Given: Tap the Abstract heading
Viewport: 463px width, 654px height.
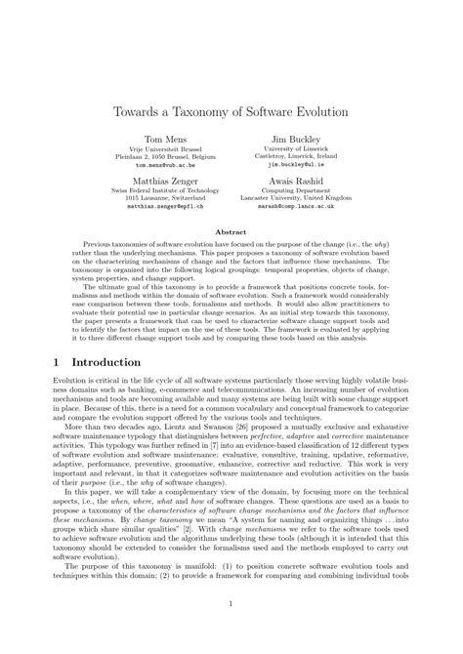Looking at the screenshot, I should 231,230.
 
